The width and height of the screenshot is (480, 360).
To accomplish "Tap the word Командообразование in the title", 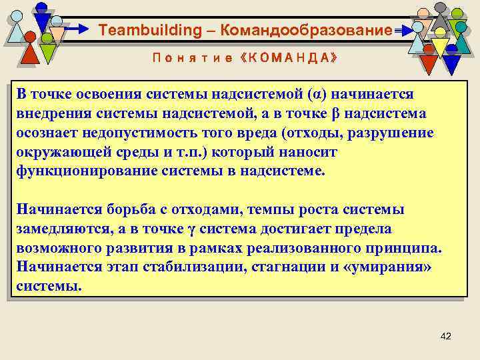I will click(x=303, y=30).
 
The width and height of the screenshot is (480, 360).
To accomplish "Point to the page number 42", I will click(x=446, y=336).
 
